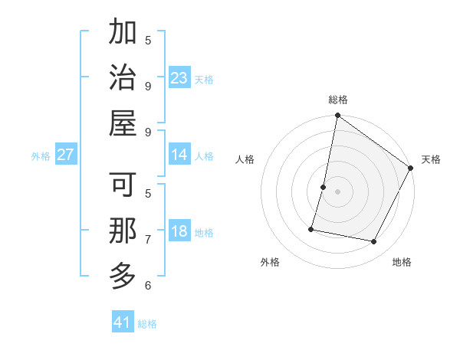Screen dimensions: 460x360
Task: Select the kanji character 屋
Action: pyautogui.click(x=123, y=123)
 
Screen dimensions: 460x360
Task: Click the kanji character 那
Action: pyautogui.click(x=123, y=231)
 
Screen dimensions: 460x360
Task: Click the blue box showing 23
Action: pyautogui.click(x=179, y=78)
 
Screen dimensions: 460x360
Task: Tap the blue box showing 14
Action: pyautogui.click(x=179, y=155)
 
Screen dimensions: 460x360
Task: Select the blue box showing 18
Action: pyautogui.click(x=179, y=232)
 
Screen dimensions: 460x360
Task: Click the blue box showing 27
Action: pyautogui.click(x=66, y=155)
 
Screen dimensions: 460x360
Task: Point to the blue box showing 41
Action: pyautogui.click(x=123, y=322)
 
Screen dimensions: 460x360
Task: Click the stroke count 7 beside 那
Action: pyautogui.click(x=148, y=240)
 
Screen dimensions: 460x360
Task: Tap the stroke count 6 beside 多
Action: pyautogui.click(x=148, y=286)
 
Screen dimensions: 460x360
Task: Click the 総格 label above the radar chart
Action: pyautogui.click(x=338, y=100)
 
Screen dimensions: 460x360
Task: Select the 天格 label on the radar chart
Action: pyautogui.click(x=431, y=159)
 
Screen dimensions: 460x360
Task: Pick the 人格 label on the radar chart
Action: pyautogui.click(x=245, y=159)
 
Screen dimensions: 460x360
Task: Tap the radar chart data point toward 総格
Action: pyautogui.click(x=337, y=116)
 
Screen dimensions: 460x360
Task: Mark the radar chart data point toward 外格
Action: pyautogui.click(x=312, y=228)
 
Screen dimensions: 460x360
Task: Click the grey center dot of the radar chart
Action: pyautogui.click(x=337, y=191)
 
